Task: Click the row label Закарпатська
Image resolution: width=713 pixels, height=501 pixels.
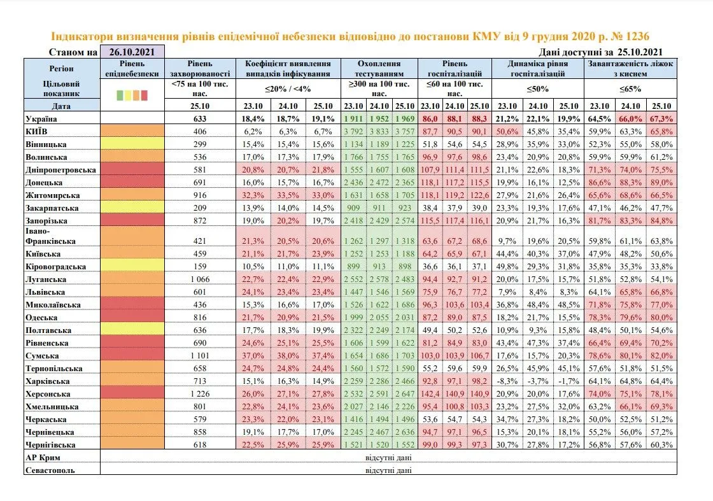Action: pyautogui.click(x=52, y=208)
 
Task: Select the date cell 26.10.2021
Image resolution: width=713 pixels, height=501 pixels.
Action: pyautogui.click(x=132, y=52)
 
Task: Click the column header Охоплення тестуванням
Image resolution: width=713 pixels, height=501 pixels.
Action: pyautogui.click(x=379, y=68)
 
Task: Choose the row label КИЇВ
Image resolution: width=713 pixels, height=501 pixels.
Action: pyautogui.click(x=38, y=131)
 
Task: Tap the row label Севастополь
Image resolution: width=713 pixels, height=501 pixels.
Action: pyautogui.click(x=50, y=470)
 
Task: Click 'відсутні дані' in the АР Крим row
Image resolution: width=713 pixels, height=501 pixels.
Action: pyautogui.click(x=388, y=457)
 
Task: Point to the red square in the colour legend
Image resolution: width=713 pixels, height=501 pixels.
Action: pyautogui.click(x=145, y=95)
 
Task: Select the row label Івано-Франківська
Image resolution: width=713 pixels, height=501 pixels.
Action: pyautogui.click(x=50, y=236)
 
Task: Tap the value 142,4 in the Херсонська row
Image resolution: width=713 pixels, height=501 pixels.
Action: pyautogui.click(x=430, y=394)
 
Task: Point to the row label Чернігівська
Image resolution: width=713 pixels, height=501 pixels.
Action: pyautogui.click(x=52, y=445)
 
